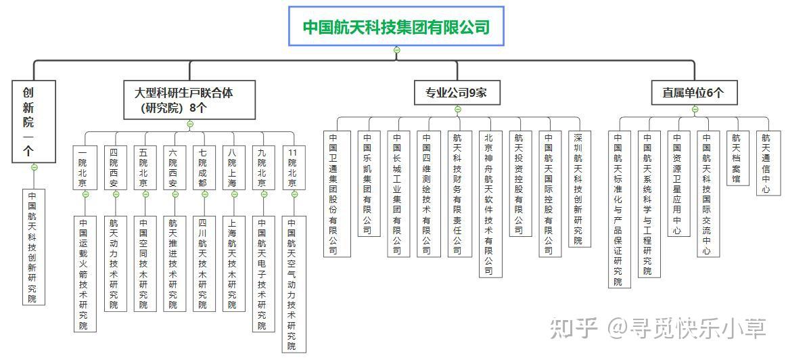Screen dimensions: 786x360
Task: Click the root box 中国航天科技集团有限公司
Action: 396,26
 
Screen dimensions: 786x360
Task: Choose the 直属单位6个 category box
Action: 692,93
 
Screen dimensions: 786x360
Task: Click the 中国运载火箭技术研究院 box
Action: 85,273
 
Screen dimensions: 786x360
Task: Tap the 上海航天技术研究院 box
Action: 233,263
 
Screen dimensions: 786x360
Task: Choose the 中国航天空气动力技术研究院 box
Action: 293,284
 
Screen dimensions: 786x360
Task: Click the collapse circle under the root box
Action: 397,50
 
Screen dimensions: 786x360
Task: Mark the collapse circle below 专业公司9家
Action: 458,110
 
